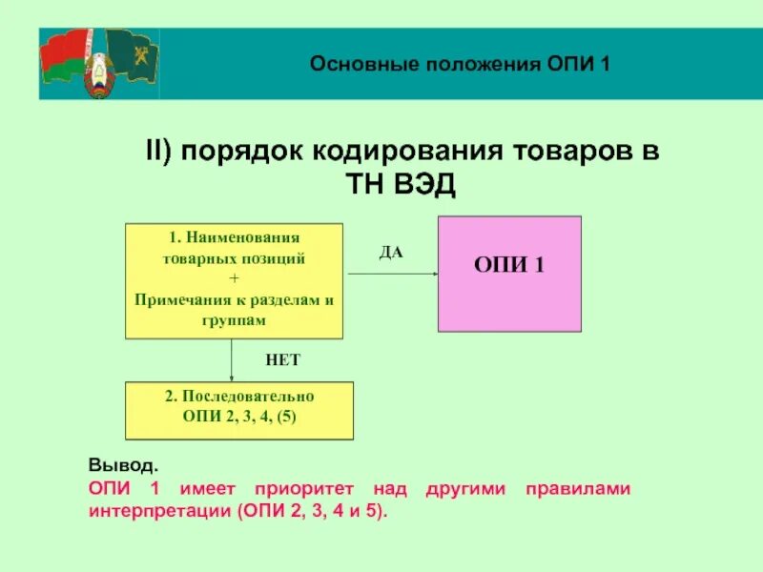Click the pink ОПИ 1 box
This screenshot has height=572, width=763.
509,274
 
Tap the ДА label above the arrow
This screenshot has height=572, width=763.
391,253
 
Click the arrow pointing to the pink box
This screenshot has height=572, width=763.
391,274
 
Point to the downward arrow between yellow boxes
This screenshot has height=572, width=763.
234,360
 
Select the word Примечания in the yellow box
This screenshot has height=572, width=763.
186,299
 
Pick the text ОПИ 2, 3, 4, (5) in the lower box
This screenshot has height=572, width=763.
239,416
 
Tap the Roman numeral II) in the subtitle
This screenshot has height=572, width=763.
157,153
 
